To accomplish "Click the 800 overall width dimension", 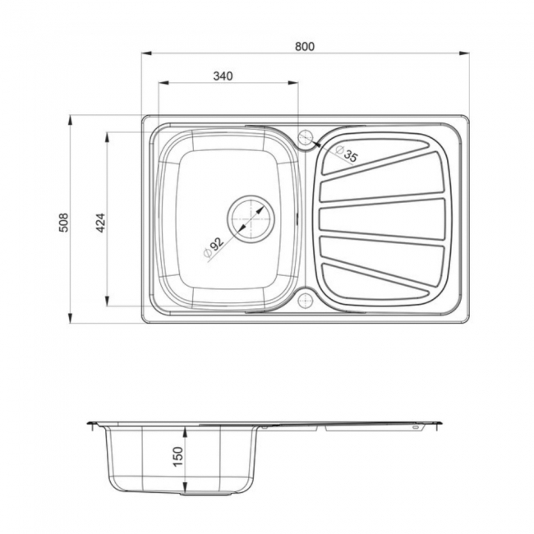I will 305,46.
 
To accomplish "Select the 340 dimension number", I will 223,76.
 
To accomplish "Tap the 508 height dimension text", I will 63,221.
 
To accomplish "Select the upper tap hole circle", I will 306,137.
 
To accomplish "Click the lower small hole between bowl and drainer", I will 306,298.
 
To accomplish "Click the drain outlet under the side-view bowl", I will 182,493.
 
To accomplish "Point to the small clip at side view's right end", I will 415,427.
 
